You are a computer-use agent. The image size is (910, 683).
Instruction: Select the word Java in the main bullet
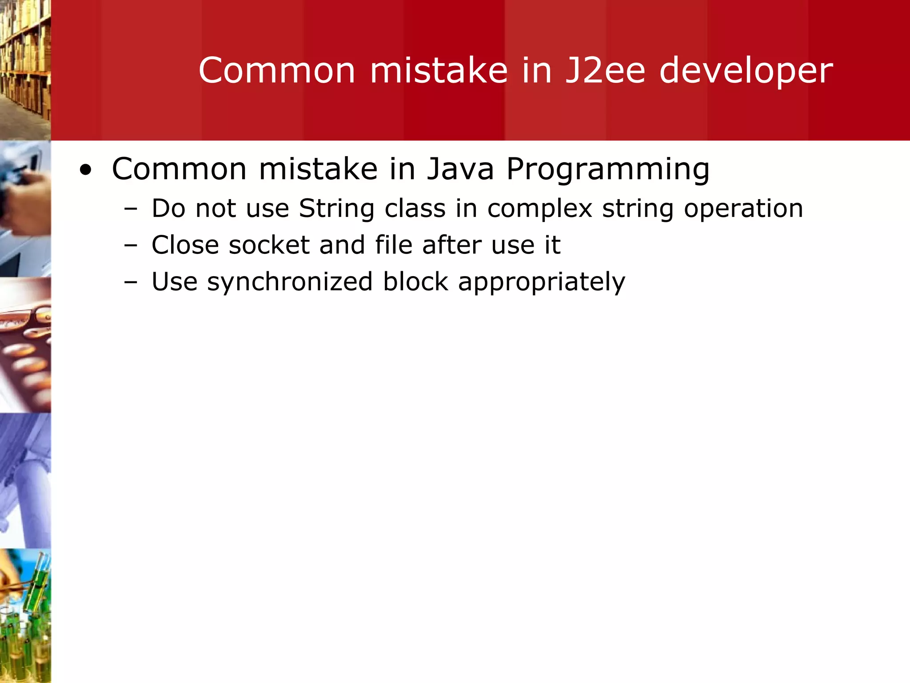click(460, 169)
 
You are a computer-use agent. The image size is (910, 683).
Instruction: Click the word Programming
click(608, 170)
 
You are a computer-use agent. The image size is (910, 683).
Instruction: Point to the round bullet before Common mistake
click(85, 170)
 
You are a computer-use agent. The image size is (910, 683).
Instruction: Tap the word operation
click(743, 209)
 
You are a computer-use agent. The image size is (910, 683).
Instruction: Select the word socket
click(269, 245)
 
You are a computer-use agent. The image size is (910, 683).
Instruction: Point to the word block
click(415, 282)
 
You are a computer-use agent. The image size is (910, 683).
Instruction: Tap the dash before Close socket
click(131, 245)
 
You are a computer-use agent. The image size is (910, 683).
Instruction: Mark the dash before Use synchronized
click(131, 282)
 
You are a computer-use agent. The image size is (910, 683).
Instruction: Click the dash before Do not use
click(131, 209)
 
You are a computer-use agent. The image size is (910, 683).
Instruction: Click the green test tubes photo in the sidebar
click(25, 616)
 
